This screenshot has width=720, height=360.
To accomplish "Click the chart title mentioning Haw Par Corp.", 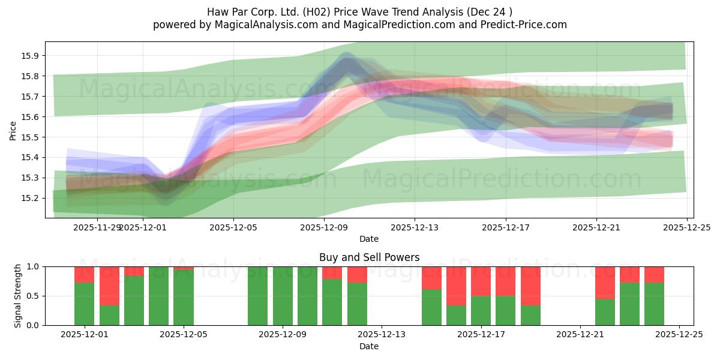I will pyautogui.click(x=359, y=12).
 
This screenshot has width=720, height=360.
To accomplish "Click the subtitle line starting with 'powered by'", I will pyautogui.click(x=359, y=25).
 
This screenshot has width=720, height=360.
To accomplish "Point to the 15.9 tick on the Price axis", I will pyautogui.click(x=30, y=56).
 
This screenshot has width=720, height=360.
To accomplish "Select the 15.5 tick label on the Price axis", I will pyautogui.click(x=30, y=137).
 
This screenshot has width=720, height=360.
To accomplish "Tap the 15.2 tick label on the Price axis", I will pyautogui.click(x=30, y=198).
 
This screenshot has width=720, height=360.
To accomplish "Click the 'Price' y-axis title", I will pyautogui.click(x=13, y=130).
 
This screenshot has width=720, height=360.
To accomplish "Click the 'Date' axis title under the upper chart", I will pyautogui.click(x=368, y=239).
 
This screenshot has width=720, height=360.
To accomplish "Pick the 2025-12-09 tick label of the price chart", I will pyautogui.click(x=324, y=227).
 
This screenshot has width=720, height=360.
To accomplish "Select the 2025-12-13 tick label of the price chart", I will pyautogui.click(x=415, y=227).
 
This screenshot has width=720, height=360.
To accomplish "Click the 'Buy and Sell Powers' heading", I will pyautogui.click(x=368, y=257).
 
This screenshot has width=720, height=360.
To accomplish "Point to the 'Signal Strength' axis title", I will pyautogui.click(x=18, y=296).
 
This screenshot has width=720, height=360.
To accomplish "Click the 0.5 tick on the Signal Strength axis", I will pyautogui.click(x=31, y=296).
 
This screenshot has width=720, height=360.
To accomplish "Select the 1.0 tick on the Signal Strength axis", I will pyautogui.click(x=31, y=266).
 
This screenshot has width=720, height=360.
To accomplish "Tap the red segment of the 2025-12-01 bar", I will pyautogui.click(x=84, y=274).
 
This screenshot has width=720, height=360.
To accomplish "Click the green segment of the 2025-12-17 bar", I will pyautogui.click(x=481, y=310).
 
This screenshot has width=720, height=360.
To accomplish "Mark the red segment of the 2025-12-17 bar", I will pyautogui.click(x=481, y=281).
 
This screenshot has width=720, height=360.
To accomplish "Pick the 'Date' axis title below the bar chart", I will pyautogui.click(x=368, y=346).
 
